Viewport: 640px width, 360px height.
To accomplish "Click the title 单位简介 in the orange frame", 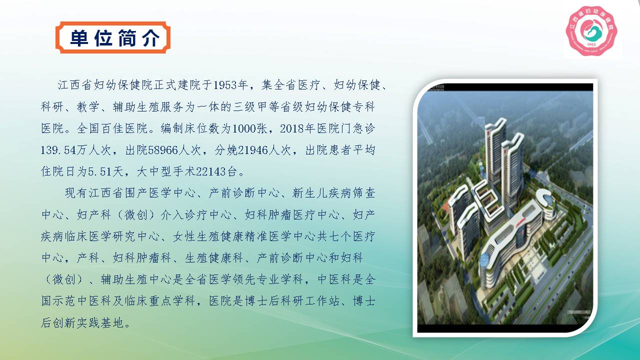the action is [x=115, y=38].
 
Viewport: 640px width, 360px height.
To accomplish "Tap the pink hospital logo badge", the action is [x=591, y=31].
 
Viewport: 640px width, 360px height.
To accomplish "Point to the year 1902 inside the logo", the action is [x=591, y=45].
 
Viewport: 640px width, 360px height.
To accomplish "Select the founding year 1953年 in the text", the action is [x=230, y=85].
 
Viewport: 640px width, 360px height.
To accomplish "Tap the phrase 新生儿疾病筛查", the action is [x=333, y=193].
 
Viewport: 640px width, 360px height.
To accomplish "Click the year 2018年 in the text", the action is [x=297, y=128].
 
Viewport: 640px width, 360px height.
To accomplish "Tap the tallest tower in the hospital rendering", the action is [x=495, y=151].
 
